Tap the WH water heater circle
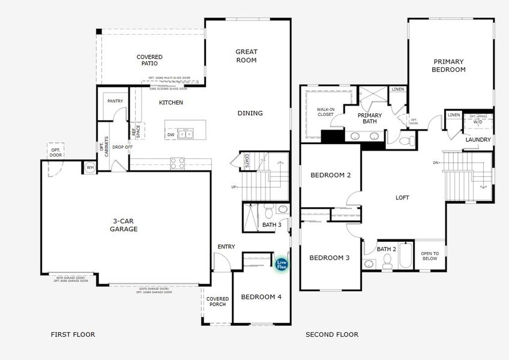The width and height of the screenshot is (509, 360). click(x=90, y=167)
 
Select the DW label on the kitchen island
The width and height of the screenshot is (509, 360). click(x=171, y=134)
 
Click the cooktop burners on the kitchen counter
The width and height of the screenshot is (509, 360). click(x=178, y=161)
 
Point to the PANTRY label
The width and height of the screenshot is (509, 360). click(x=115, y=101)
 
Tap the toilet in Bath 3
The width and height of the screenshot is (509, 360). click(x=283, y=211)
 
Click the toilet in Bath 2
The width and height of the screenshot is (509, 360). click(x=388, y=260)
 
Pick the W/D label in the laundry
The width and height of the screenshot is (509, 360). click(x=478, y=122)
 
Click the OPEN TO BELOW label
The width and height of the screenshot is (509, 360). click(x=430, y=257)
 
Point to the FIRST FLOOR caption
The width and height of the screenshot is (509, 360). click(x=73, y=334)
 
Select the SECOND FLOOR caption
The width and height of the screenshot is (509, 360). click(x=332, y=334)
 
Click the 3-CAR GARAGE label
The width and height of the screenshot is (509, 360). click(x=124, y=225)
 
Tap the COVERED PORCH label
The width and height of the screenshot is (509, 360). click(x=217, y=301)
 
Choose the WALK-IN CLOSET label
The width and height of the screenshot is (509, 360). click(x=325, y=112)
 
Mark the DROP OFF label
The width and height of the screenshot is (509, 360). click(x=122, y=146)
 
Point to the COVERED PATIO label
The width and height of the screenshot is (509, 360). click(x=149, y=60)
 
